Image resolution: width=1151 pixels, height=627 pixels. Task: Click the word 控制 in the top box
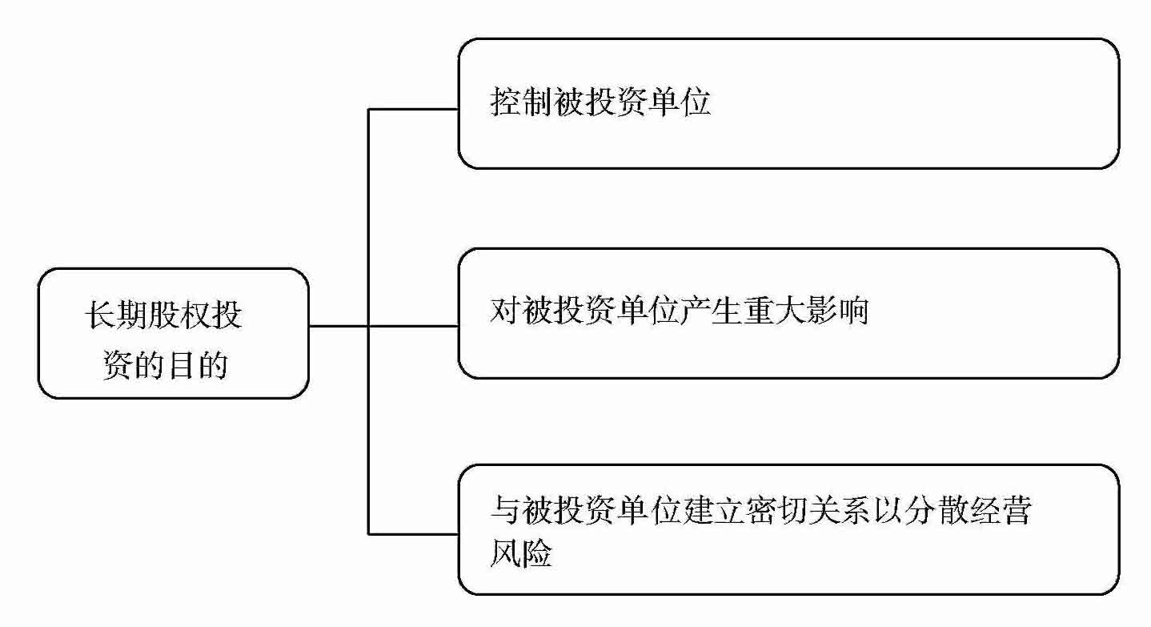(x=519, y=104)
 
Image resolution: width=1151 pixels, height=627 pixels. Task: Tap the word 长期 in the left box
(x=124, y=315)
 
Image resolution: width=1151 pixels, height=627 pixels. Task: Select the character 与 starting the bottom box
(x=505, y=512)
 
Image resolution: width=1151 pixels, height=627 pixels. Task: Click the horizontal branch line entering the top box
(x=412, y=109)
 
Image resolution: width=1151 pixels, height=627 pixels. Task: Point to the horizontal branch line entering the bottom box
(x=412, y=533)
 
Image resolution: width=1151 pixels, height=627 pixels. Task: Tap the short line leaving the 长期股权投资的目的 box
(x=338, y=326)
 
